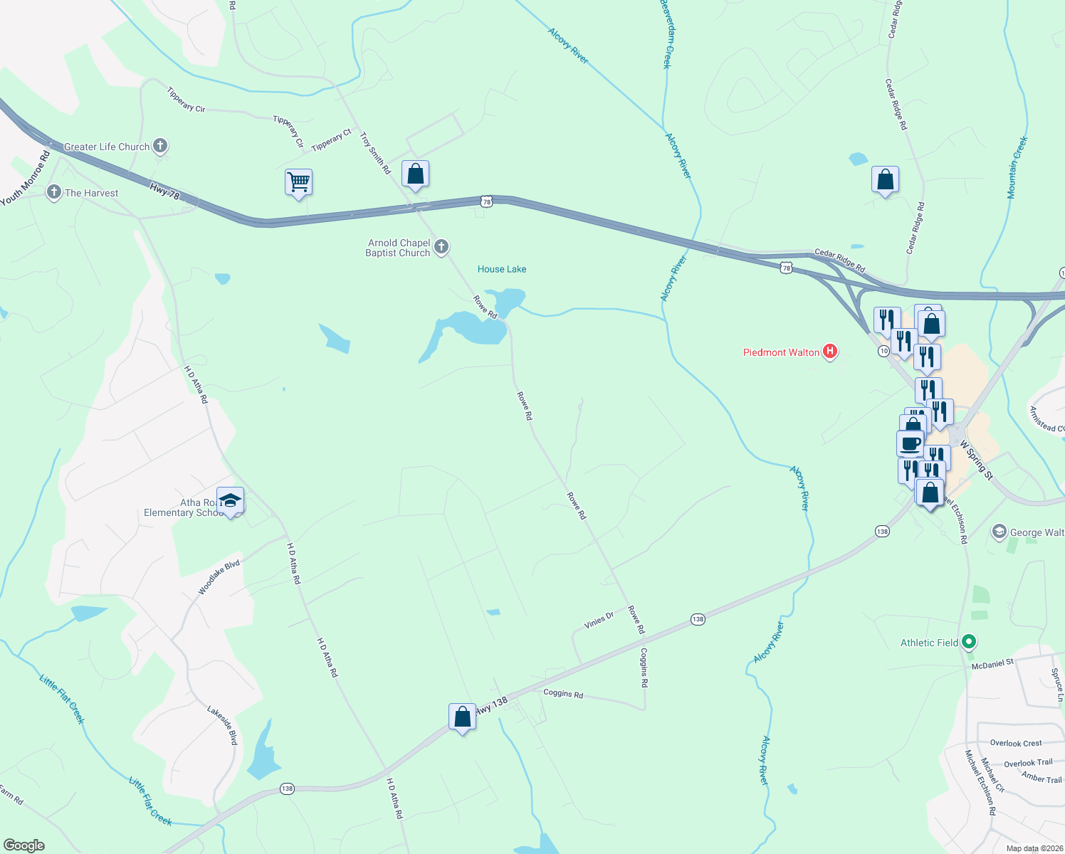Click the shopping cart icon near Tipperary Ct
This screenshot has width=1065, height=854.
(x=299, y=182)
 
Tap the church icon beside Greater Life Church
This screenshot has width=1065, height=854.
(x=160, y=147)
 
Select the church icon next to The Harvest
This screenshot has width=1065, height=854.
(x=54, y=192)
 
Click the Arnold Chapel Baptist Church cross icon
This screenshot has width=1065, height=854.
(x=441, y=247)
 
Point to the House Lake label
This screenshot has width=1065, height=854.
(x=502, y=269)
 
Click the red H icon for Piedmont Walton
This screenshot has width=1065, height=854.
(x=829, y=352)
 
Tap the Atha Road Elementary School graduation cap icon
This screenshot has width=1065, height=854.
(x=230, y=500)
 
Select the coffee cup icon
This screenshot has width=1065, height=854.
(x=911, y=443)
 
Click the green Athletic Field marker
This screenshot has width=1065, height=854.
(x=968, y=642)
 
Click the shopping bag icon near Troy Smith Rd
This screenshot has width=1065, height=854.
(x=415, y=174)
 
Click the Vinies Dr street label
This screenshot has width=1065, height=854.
(x=599, y=620)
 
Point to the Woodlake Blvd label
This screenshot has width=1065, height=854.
(x=219, y=577)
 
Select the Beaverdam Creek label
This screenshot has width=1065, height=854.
(x=666, y=33)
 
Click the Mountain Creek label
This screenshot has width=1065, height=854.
(x=1017, y=167)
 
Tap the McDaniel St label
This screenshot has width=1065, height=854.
(x=992, y=664)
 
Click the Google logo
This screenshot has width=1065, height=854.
(x=23, y=845)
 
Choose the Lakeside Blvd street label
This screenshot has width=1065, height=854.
(x=222, y=725)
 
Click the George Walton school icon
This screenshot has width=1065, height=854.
(x=1000, y=532)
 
